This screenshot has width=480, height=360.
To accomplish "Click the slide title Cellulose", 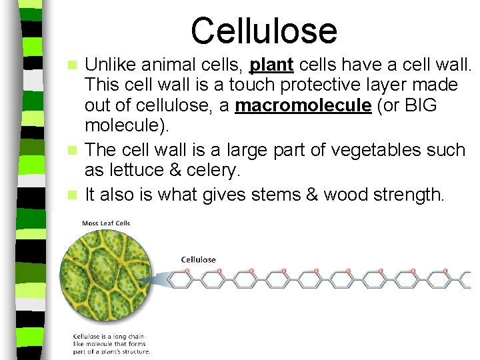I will tap(264, 30).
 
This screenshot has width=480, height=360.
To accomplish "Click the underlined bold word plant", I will tap(271, 65).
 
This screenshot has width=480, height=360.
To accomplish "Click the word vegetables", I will tap(364, 149).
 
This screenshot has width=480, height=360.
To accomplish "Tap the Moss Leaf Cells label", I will tap(106, 223).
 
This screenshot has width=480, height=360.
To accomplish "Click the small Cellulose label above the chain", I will tap(199, 259).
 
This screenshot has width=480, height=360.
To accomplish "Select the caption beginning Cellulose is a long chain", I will tap(112, 343).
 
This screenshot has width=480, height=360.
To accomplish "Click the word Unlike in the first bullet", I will tap(109, 65).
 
